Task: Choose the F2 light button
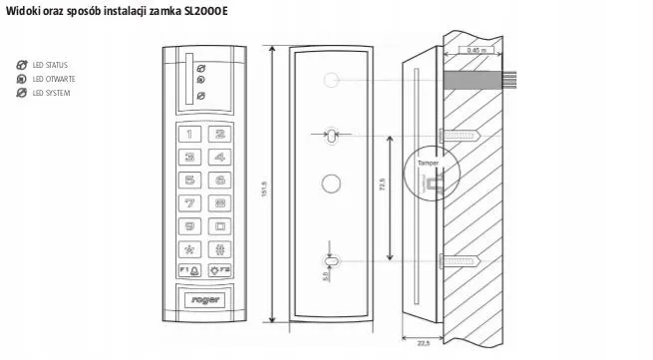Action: [220, 270]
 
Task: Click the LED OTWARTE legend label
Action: [54, 78]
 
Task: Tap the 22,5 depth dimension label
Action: [423, 343]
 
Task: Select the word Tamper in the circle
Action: [429, 162]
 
